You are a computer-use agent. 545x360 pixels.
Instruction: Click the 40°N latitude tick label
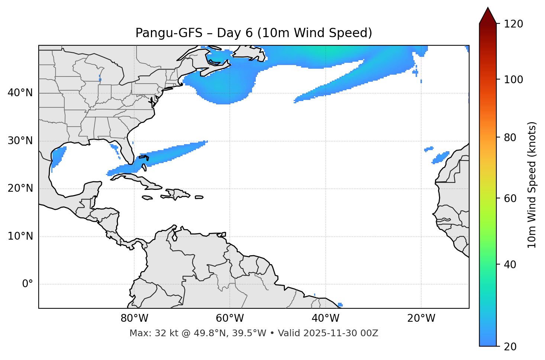tap(20, 93)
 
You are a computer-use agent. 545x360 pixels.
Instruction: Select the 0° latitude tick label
tap(28, 284)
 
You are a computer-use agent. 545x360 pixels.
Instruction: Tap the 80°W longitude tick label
tap(134, 318)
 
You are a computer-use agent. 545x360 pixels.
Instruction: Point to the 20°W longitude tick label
tap(421, 318)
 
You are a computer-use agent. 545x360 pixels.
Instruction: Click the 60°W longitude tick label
tap(230, 318)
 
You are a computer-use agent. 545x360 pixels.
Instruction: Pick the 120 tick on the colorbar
tap(514, 24)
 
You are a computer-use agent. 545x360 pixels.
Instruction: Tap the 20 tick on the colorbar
tap(513, 347)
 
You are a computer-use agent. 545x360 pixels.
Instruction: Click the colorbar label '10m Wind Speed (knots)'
tap(532, 185)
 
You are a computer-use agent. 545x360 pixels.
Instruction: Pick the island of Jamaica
tap(147, 198)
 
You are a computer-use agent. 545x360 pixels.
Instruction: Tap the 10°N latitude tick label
tap(20, 236)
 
